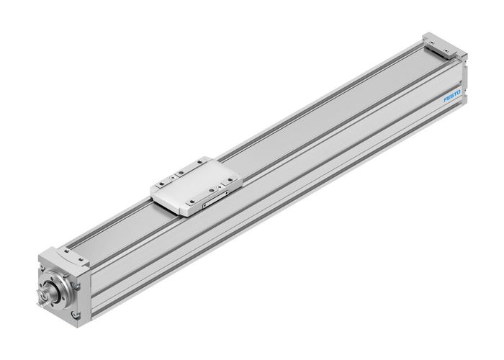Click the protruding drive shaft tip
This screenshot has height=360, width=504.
[43, 295]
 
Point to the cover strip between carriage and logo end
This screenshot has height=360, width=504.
[324, 115]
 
